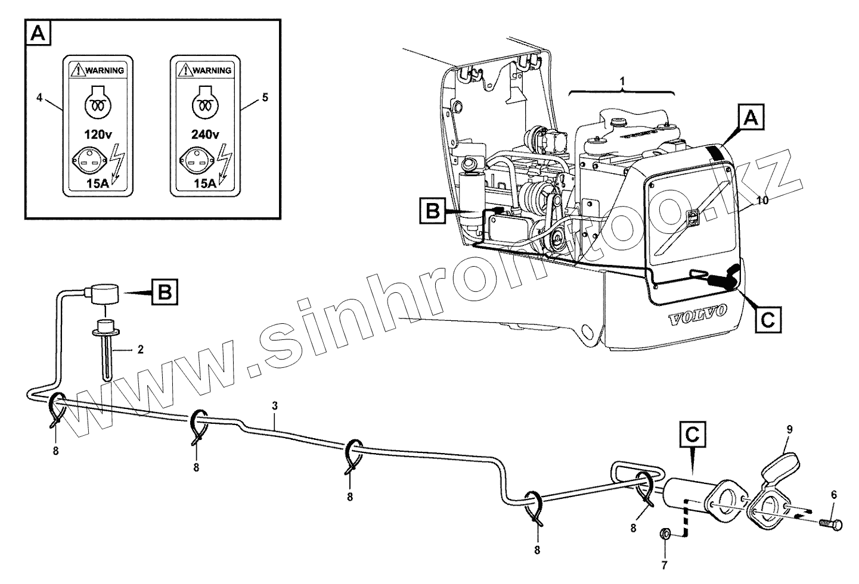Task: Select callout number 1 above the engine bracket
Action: pos(622,80)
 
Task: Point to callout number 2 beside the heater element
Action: pos(140,349)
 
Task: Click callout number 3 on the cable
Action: pos(274,406)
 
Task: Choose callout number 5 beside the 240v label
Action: pos(265,96)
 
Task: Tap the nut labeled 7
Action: pos(667,532)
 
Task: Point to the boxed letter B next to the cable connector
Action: pos(166,292)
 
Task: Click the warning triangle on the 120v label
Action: pos(77,70)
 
